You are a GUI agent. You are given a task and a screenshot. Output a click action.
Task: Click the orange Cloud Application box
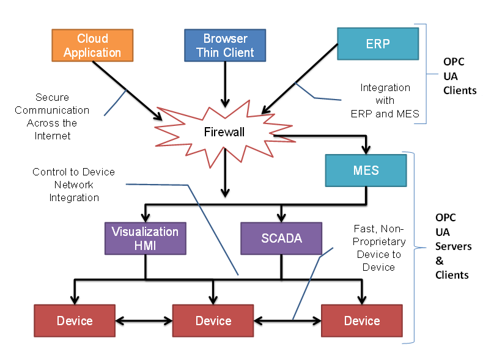[92, 45]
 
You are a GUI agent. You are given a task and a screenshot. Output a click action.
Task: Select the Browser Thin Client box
[225, 45]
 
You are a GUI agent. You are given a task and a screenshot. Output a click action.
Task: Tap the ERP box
[378, 44]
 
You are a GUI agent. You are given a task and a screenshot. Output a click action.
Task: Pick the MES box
[366, 171]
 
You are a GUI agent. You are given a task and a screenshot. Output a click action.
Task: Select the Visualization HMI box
[146, 238]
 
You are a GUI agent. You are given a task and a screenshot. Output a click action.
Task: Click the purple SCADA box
[281, 238]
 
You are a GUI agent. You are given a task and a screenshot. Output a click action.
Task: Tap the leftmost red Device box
[75, 321]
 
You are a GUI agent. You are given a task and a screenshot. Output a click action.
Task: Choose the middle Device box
[213, 321]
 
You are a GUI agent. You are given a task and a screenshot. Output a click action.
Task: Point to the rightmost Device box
[362, 321]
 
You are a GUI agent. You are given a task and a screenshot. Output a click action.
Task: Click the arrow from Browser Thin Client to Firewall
[225, 84]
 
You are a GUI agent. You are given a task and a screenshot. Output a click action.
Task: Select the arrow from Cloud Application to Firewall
[127, 90]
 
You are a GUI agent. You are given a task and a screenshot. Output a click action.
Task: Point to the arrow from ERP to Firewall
[300, 79]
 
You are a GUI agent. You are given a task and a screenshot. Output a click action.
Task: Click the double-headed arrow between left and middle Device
[144, 321]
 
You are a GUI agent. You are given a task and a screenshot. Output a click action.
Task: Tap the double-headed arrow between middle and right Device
[287, 321]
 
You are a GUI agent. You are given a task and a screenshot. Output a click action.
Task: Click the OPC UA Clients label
[460, 76]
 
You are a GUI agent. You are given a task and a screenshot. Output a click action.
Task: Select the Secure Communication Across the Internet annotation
[52, 116]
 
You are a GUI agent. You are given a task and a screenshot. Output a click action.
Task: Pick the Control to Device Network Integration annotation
[73, 185]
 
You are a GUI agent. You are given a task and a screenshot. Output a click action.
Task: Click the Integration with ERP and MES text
[385, 101]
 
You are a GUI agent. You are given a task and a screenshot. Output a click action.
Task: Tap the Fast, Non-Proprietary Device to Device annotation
[379, 248]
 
